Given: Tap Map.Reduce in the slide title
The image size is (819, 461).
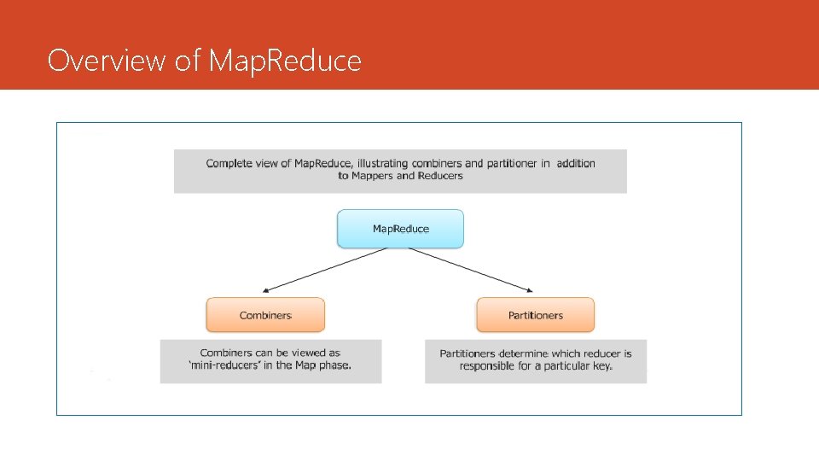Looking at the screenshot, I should pyautogui.click(x=286, y=61).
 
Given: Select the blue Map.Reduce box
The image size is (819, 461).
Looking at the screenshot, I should pyautogui.click(x=400, y=229).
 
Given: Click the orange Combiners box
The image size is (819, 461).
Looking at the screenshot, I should pyautogui.click(x=265, y=315).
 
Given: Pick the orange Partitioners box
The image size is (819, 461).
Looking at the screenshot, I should pyautogui.click(x=535, y=315).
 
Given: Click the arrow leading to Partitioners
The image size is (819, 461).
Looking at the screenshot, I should pyautogui.click(x=471, y=269).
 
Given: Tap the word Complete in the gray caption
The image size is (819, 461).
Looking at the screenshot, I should pyautogui.click(x=228, y=163).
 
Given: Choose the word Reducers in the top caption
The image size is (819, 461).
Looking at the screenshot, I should pyautogui.click(x=440, y=176).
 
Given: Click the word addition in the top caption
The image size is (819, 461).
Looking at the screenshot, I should pyautogui.click(x=576, y=163).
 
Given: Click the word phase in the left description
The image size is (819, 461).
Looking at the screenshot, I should pyautogui.click(x=334, y=365).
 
